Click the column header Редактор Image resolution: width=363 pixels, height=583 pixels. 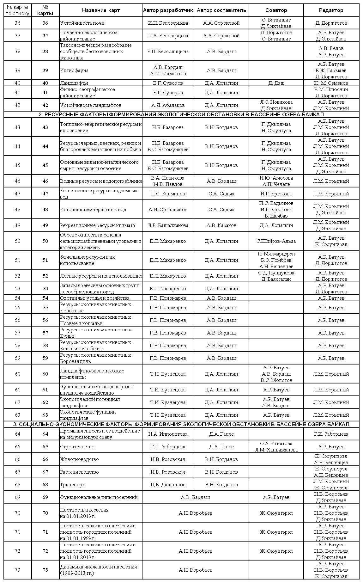point(331,10)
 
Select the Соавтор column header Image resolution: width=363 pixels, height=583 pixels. point(276,10)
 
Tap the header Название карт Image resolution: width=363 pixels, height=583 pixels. point(101,10)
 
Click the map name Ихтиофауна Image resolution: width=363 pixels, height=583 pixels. point(74,70)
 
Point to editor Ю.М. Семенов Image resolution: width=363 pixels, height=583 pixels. point(331,83)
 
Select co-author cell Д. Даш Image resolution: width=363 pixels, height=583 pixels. point(276,83)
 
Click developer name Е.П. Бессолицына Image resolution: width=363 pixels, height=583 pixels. point(168,51)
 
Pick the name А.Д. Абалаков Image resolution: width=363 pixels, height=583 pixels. point(168,105)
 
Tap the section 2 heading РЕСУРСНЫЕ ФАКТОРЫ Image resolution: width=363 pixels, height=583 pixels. point(181,114)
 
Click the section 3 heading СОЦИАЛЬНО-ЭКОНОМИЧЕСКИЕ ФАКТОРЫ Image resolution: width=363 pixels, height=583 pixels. point(181,424)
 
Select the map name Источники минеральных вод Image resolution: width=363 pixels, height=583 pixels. point(93,209)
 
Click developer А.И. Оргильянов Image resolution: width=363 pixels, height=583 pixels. point(168,209)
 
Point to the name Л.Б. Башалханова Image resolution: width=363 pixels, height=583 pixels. point(168,225)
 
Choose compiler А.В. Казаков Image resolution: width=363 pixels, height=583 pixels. point(221,225)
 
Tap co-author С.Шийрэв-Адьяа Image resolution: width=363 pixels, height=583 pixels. point(276,241)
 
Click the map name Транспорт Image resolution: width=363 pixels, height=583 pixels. point(72,484)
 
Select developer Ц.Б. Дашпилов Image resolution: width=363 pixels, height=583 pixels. point(168,484)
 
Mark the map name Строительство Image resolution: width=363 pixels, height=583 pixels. point(77,446)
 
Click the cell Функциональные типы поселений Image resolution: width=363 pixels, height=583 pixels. point(99,497)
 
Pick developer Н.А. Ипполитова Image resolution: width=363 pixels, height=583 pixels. point(168,434)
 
